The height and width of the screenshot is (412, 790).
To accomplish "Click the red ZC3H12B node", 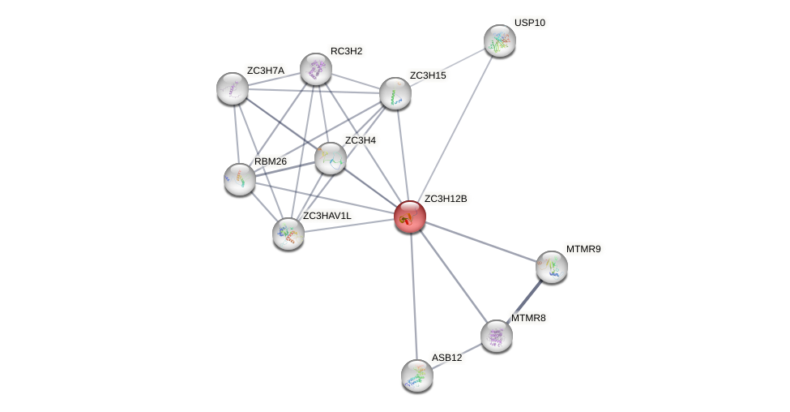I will [409, 217].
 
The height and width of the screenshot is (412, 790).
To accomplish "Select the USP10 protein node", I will [499, 41].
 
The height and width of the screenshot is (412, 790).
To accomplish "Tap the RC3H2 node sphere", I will [316, 69].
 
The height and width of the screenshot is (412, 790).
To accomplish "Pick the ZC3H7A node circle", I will [233, 88].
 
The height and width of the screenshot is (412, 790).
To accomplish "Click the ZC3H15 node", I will [395, 93].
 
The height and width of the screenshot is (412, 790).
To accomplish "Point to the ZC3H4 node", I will [331, 158].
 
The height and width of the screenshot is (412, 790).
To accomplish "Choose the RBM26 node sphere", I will [240, 179].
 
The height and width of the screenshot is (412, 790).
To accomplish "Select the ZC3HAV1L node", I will [288, 234].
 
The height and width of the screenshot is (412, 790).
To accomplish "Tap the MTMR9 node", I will [552, 266].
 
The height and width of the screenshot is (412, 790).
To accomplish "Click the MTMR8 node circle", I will [497, 336].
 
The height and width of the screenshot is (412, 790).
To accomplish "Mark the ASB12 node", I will [417, 375].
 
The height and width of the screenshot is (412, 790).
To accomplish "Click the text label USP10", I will [530, 23].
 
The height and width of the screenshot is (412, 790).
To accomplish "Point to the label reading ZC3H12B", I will [446, 199].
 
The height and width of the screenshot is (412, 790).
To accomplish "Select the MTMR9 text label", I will [583, 249].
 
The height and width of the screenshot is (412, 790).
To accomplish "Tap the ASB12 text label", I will [446, 358].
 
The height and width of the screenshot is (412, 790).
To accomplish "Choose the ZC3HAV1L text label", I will [327, 216].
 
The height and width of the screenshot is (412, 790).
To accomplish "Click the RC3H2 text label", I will [346, 51].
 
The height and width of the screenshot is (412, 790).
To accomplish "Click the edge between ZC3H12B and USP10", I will [455, 128].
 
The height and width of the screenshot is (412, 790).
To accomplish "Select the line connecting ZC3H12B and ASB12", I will [413, 296].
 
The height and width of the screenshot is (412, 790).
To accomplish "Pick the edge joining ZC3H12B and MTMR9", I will [480, 241].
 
